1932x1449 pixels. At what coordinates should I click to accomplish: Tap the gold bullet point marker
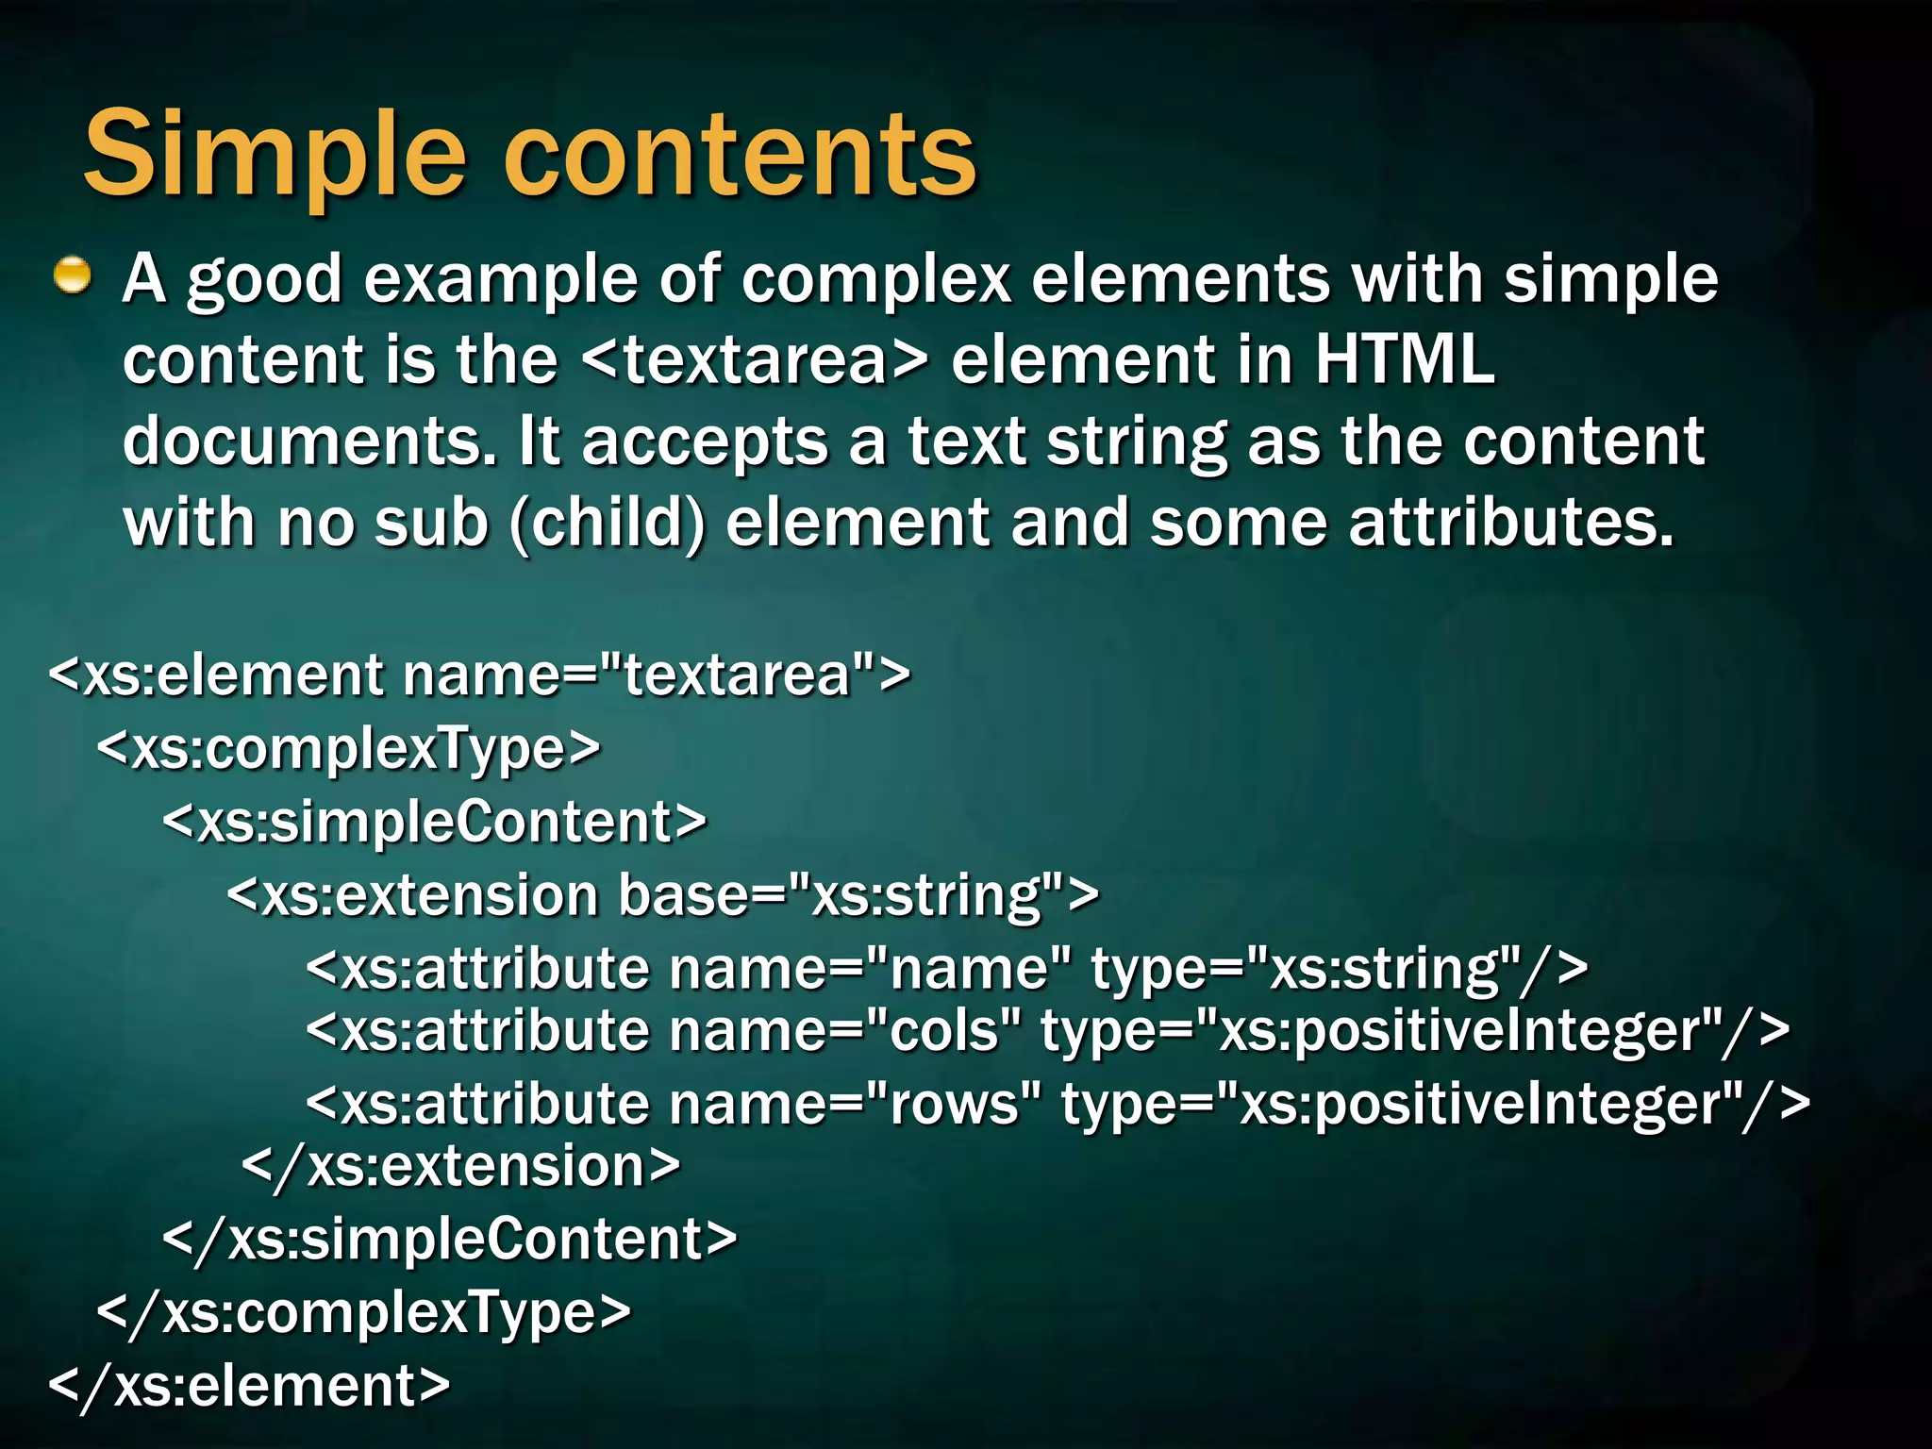[x=72, y=276]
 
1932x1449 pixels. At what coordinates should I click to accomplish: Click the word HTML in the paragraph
[x=1405, y=360]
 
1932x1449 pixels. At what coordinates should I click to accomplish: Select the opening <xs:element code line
[x=479, y=675]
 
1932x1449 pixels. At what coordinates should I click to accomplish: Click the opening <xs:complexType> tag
[x=348, y=749]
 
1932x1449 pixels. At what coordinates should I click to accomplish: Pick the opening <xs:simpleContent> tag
[x=434, y=822]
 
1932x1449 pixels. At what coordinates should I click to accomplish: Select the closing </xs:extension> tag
[x=461, y=1167]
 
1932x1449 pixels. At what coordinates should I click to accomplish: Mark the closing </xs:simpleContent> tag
[x=449, y=1240]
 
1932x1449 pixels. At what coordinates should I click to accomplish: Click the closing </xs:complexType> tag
[x=363, y=1313]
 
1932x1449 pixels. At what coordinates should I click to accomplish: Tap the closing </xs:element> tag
[x=249, y=1386]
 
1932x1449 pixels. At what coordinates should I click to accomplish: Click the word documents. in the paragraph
[x=309, y=442]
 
